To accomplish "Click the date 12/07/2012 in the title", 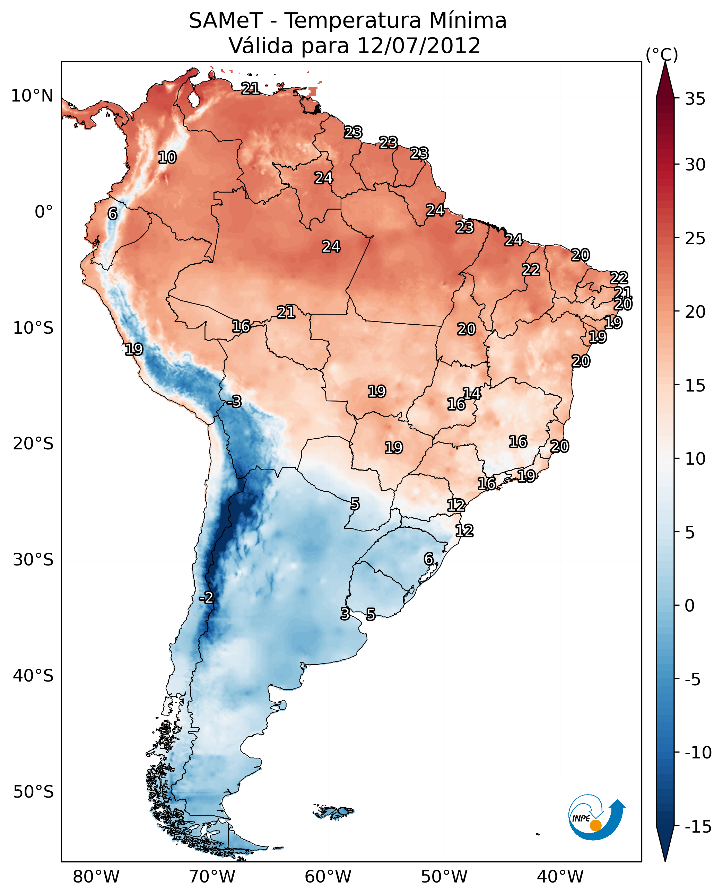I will pyautogui.click(x=419, y=46).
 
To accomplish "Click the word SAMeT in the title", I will pyautogui.click(x=225, y=21).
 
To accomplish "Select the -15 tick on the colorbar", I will pyautogui.click(x=698, y=827).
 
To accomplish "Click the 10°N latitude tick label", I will pyautogui.click(x=32, y=96).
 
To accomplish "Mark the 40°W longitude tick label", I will pyautogui.click(x=560, y=877).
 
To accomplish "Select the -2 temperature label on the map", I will pyautogui.click(x=206, y=598).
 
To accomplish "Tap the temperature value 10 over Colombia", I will pyautogui.click(x=167, y=158).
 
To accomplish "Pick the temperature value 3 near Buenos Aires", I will pyautogui.click(x=345, y=614).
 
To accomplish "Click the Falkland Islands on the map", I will pyautogui.click(x=334, y=811).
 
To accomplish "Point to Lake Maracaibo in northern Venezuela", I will pyautogui.click(x=193, y=99).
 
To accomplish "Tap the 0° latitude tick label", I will pyautogui.click(x=44, y=212).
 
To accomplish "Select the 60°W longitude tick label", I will pyautogui.click(x=328, y=877).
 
